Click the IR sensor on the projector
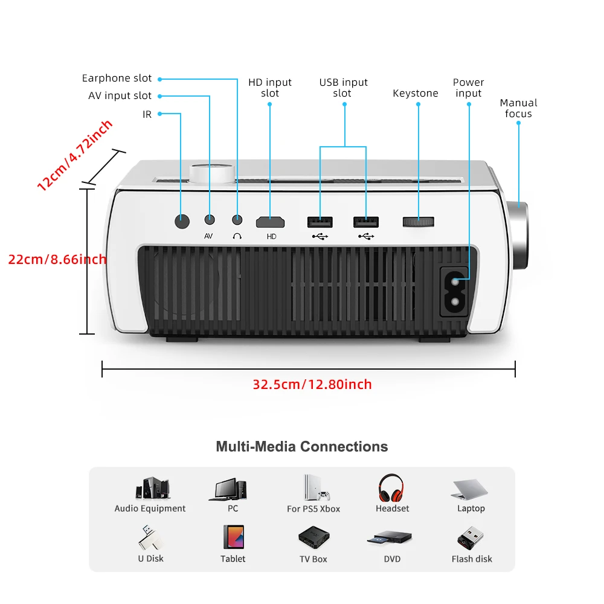tap(182, 221)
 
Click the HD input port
tap(271, 222)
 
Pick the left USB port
tap(320, 222)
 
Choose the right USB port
tap(366, 222)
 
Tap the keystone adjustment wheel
tap(418, 221)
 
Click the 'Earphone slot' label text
tap(117, 79)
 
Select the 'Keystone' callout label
tap(416, 93)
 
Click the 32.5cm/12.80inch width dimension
tap(312, 384)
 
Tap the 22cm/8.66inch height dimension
tap(57, 259)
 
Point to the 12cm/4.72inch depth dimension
tap(74, 156)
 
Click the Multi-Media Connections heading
tap(302, 447)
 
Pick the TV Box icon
tap(313, 537)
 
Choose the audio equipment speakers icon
tap(152, 488)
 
